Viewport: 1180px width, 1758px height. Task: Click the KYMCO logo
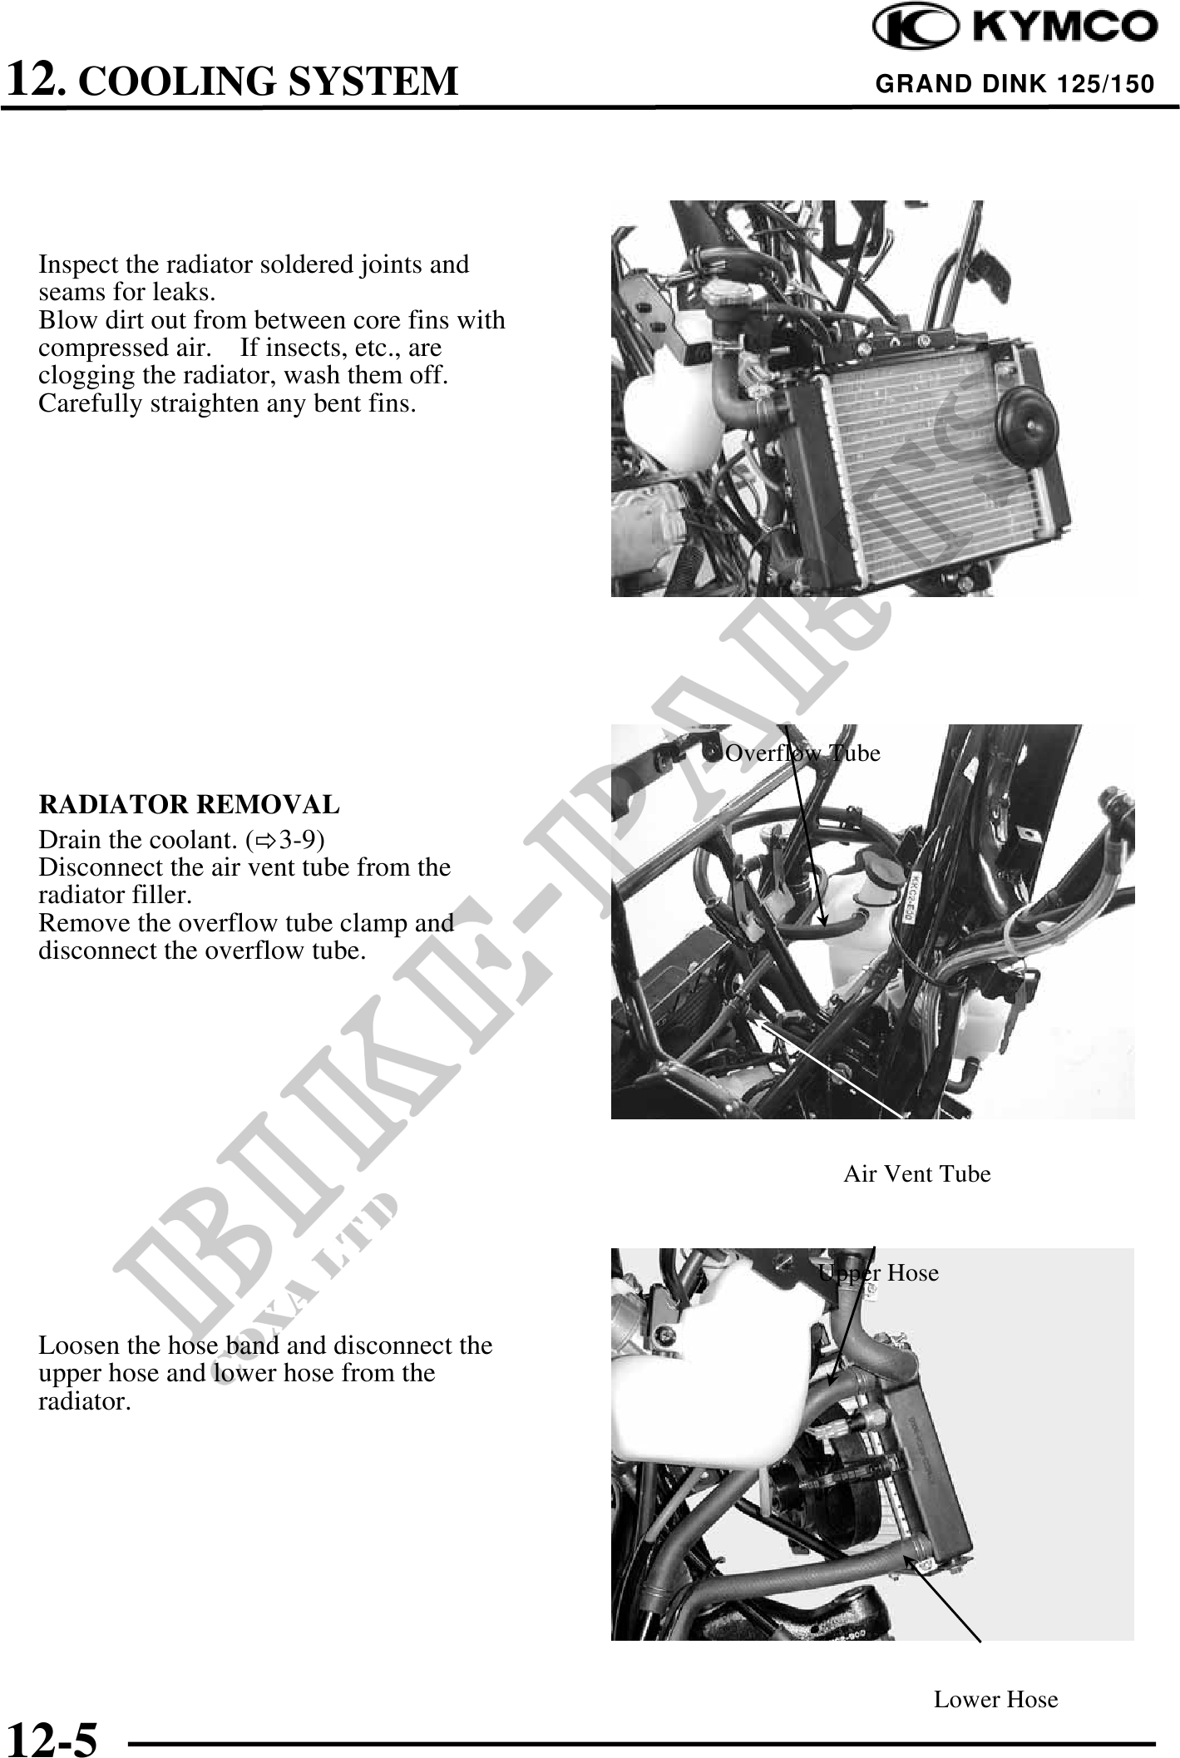point(1014,27)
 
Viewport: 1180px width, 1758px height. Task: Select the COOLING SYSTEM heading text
point(272,81)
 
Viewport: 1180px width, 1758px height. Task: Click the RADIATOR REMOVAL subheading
point(190,805)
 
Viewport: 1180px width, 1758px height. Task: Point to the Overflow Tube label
point(802,753)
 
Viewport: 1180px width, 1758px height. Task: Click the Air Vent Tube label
point(917,1174)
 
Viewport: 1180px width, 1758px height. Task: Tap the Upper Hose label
point(878,1273)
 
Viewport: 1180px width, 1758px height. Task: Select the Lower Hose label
point(995,1699)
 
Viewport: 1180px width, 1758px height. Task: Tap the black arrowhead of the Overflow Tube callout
point(822,918)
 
